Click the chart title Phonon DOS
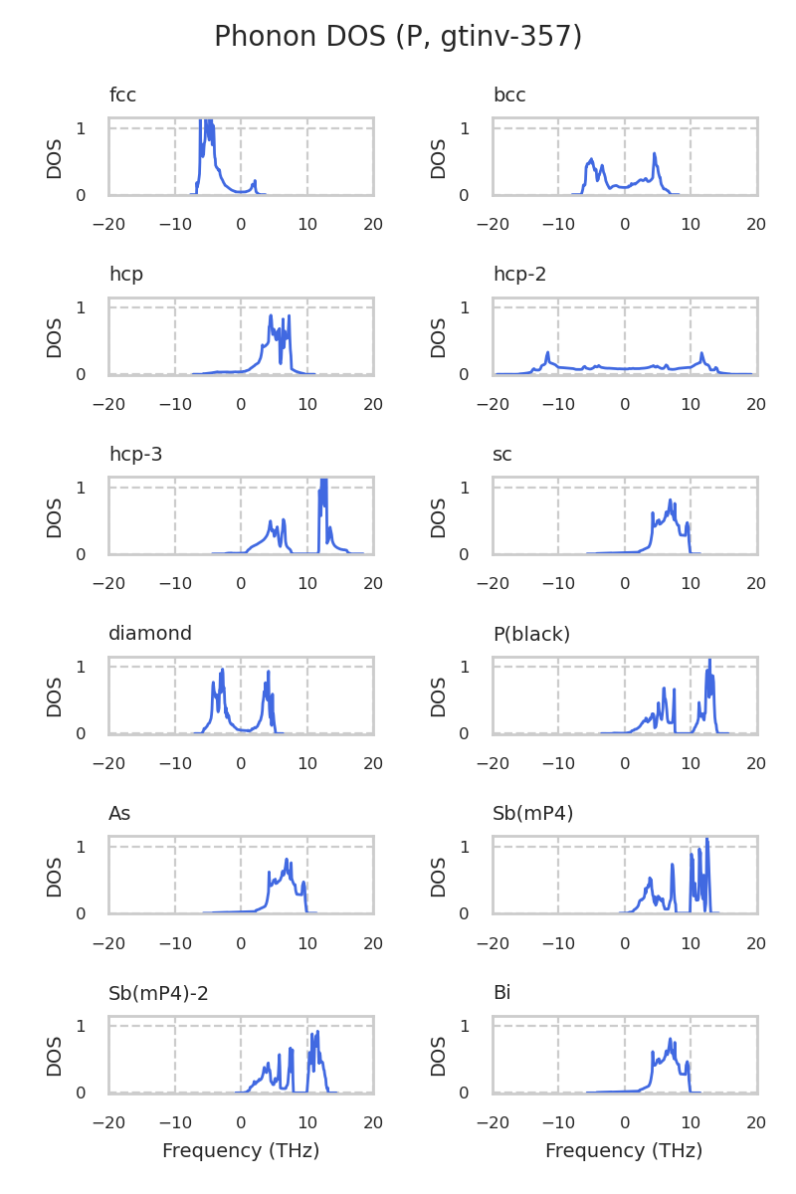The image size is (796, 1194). [x=398, y=37]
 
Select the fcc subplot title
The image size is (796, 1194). [x=122, y=96]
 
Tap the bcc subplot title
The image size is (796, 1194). [x=509, y=96]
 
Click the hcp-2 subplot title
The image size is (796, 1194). [x=519, y=275]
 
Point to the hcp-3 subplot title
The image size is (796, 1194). [x=135, y=455]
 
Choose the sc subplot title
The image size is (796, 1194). [x=502, y=455]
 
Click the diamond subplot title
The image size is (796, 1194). [x=150, y=634]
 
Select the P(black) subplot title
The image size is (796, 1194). [x=531, y=634]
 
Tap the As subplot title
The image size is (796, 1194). [x=119, y=814]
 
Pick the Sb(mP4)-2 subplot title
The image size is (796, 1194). [x=158, y=993]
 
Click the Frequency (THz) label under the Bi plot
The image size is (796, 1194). [x=624, y=1151]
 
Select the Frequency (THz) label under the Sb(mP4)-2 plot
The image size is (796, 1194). [x=241, y=1151]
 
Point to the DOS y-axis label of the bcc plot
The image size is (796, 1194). [x=439, y=158]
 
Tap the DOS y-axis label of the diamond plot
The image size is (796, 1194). [x=55, y=696]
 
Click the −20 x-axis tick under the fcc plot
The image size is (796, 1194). [x=108, y=225]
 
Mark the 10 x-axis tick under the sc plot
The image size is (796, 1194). [x=691, y=584]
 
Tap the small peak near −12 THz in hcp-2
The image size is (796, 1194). [x=547, y=352]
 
